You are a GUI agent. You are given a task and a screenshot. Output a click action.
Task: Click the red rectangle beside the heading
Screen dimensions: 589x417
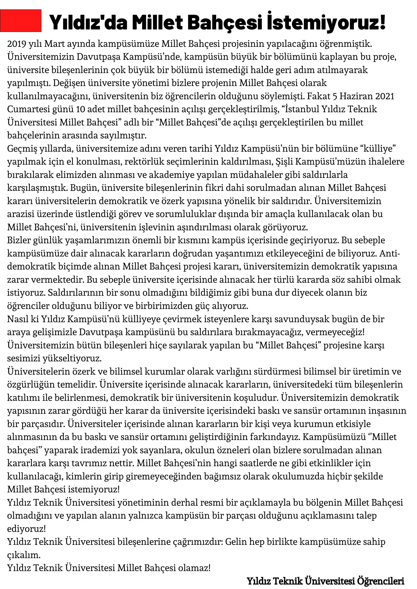pyautogui.click(x=21, y=21)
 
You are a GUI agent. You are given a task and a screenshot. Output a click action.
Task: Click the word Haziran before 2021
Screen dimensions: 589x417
pyautogui.click(x=358, y=96)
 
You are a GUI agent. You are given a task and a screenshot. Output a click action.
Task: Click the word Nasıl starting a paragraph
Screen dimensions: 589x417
pyautogui.click(x=17, y=319)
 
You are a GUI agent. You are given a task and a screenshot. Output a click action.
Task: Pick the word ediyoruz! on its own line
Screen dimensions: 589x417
pyautogui.click(x=27, y=529)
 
